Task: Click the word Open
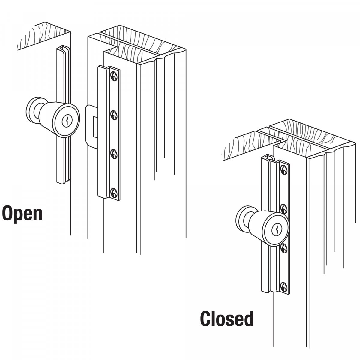[x=22, y=213]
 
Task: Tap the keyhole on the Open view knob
[x=67, y=121]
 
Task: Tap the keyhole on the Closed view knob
[x=277, y=230]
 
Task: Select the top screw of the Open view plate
[x=114, y=76]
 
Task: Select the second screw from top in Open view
[x=114, y=115]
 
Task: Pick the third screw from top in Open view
[x=114, y=153]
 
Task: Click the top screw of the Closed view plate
[x=283, y=169]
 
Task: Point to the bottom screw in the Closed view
[x=283, y=286]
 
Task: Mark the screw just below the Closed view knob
[x=283, y=248]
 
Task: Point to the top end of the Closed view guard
[x=269, y=157]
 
